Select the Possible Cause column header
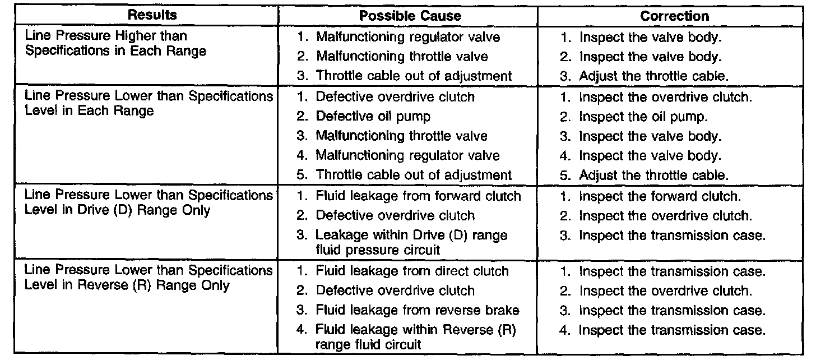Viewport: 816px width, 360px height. click(410, 16)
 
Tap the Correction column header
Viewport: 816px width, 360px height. click(674, 16)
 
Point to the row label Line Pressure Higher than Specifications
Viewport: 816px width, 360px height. click(115, 44)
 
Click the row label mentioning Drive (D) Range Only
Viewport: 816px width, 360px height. click(148, 202)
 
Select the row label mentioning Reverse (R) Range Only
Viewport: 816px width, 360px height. click(148, 278)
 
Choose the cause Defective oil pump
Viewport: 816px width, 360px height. click(372, 117)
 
